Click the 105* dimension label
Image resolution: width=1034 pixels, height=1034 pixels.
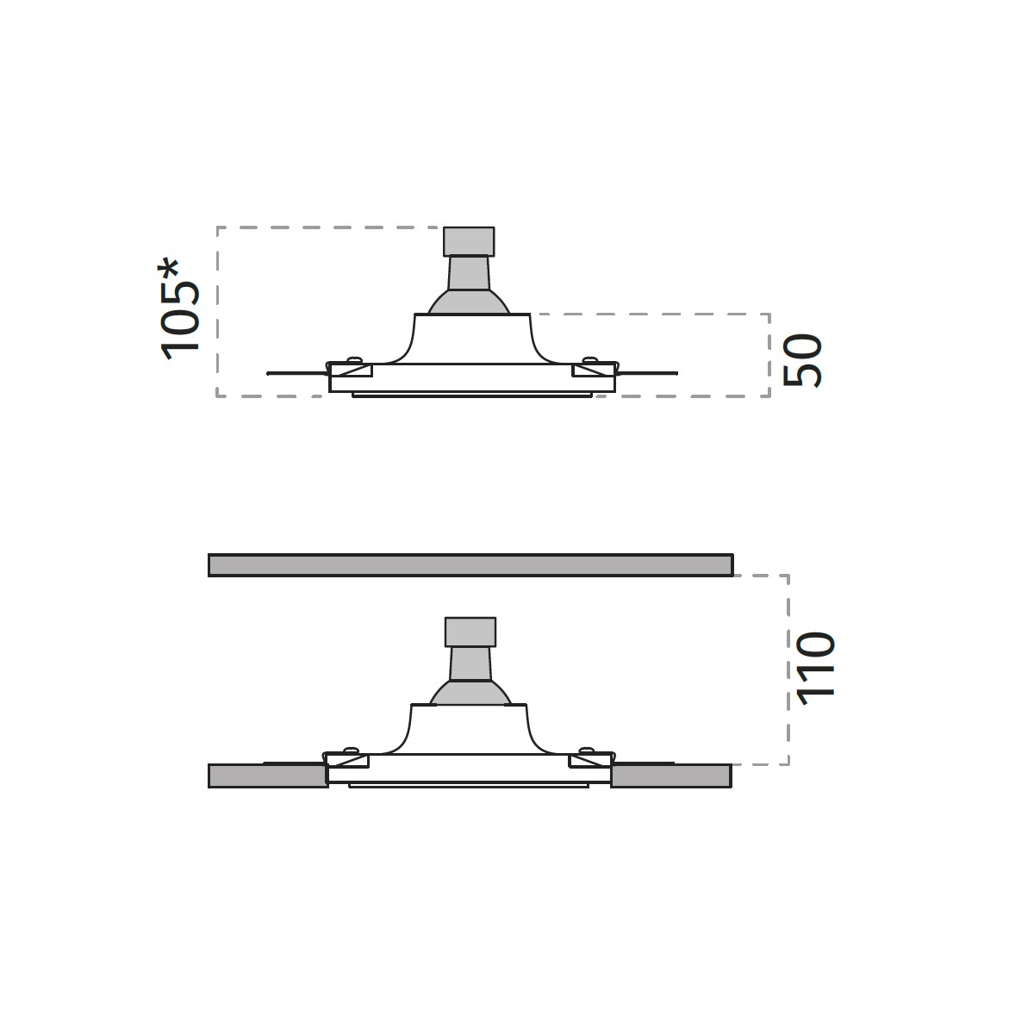tap(180, 309)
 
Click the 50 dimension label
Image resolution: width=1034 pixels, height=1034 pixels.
tap(802, 360)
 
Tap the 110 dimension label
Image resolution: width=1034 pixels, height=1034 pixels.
tap(816, 669)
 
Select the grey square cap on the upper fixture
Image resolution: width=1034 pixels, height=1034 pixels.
tap(469, 241)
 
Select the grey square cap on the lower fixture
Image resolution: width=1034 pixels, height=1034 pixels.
tap(470, 632)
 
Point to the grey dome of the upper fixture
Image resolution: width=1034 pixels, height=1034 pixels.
tap(469, 302)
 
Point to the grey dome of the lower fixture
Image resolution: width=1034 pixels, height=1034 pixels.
tap(470, 692)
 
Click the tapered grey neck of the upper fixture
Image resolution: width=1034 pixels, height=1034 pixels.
tap(469, 274)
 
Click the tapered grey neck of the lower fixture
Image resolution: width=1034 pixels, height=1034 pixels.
tap(470, 663)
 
